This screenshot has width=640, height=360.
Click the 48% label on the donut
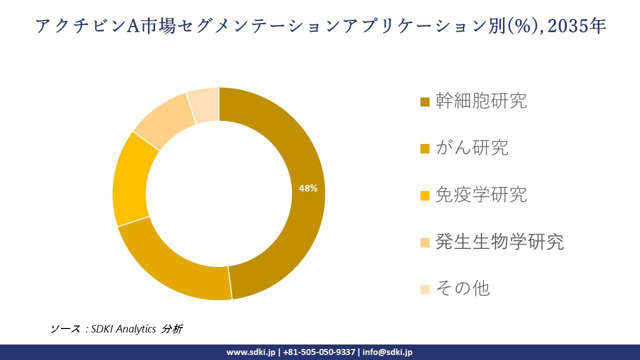point(308,188)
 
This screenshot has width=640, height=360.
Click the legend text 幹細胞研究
point(481,101)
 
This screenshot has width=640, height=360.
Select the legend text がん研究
point(471,147)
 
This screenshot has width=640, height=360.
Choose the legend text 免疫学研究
point(481,194)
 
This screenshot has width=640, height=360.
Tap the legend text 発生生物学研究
point(499,241)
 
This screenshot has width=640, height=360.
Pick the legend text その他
point(462,288)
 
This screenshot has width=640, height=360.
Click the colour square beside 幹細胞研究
point(425,102)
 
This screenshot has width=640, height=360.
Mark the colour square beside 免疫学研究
point(425,195)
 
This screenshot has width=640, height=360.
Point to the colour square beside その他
point(425,289)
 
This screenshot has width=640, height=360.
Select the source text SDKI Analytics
point(123,329)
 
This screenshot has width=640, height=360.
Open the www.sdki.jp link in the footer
point(250,352)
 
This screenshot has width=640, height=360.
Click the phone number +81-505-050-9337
point(319,352)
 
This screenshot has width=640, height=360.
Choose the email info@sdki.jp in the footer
point(387,352)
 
